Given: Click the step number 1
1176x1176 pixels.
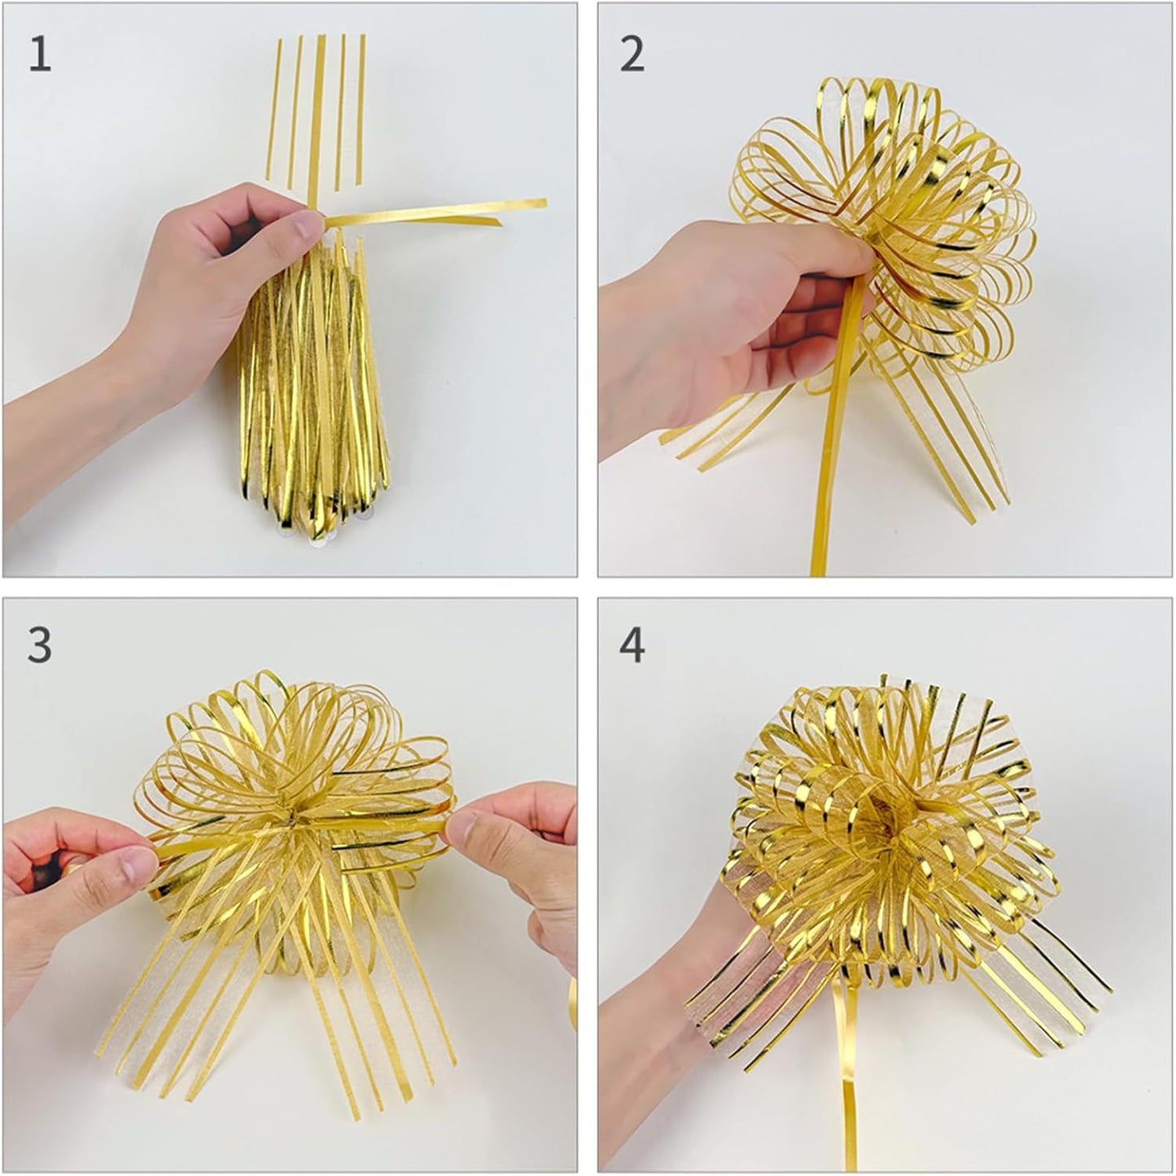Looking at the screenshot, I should click(x=40, y=55).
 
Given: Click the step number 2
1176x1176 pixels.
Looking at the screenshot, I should click(x=632, y=55).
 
